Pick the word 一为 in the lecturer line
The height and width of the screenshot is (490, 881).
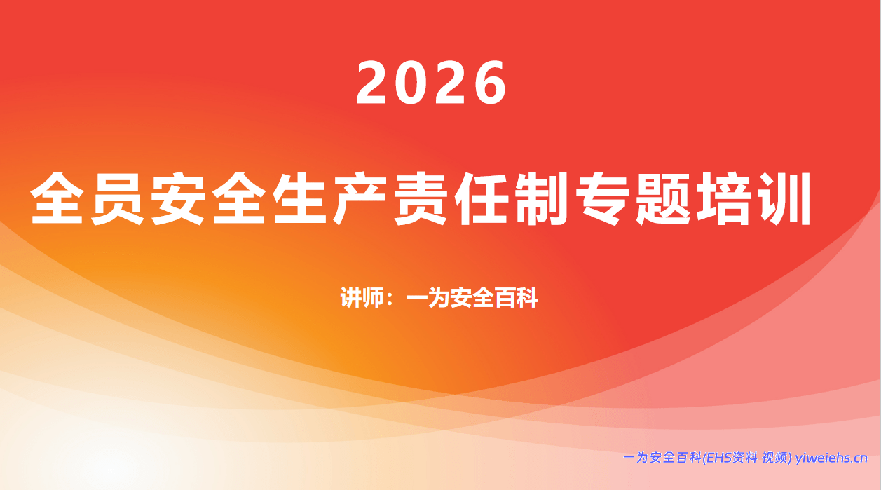(428, 298)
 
